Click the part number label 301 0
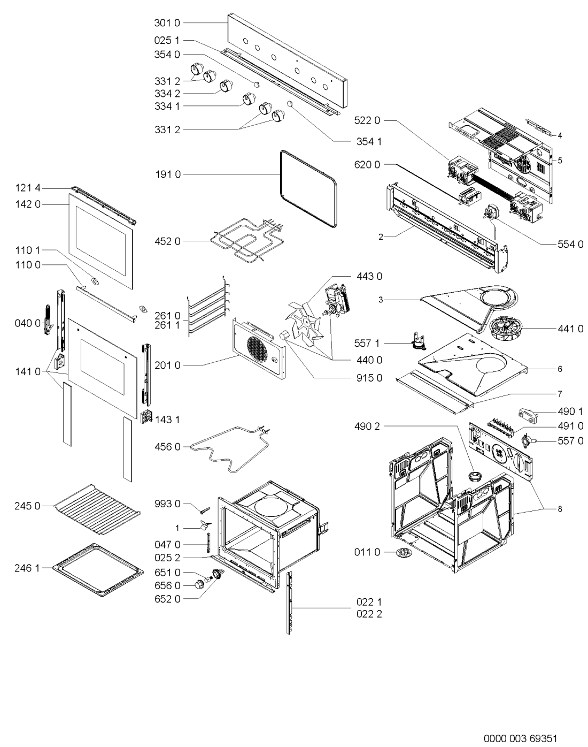[167, 23]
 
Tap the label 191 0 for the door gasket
[168, 174]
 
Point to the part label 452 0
[167, 241]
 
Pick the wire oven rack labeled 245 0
[98, 509]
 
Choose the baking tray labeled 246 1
[98, 570]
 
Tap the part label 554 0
[570, 245]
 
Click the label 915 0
[369, 378]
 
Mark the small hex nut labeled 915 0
[284, 336]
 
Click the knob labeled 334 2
[226, 86]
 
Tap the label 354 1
[369, 142]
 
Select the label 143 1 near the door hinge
[167, 420]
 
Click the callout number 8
[560, 509]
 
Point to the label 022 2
[369, 614]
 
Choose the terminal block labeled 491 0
[501, 424]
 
